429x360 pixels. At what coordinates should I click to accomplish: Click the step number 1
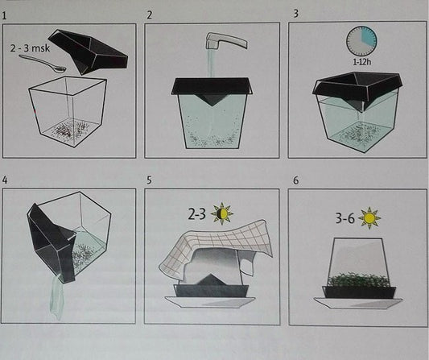[4, 15]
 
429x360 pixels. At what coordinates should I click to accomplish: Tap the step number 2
[149, 15]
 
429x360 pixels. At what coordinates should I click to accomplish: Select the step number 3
[295, 14]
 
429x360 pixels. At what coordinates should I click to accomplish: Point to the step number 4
[5, 180]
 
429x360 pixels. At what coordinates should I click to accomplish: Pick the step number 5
[149, 180]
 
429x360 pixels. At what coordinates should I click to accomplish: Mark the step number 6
[295, 180]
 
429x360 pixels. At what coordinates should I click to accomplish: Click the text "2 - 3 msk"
[30, 48]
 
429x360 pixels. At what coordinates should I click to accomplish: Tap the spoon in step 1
[43, 64]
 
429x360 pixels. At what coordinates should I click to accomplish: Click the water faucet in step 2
[226, 40]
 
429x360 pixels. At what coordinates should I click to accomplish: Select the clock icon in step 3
[361, 41]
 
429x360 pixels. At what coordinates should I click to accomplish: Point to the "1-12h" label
[361, 62]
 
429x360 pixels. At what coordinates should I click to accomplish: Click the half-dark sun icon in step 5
[222, 213]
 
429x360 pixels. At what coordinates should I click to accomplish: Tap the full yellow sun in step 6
[369, 218]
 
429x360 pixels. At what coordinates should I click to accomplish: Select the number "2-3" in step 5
[196, 214]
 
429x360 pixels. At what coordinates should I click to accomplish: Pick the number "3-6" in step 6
[344, 218]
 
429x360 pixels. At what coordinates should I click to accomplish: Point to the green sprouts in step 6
[359, 279]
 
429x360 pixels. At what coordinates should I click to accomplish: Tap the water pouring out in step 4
[57, 297]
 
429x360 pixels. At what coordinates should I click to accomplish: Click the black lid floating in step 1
[88, 52]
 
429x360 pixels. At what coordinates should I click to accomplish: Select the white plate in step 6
[358, 304]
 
